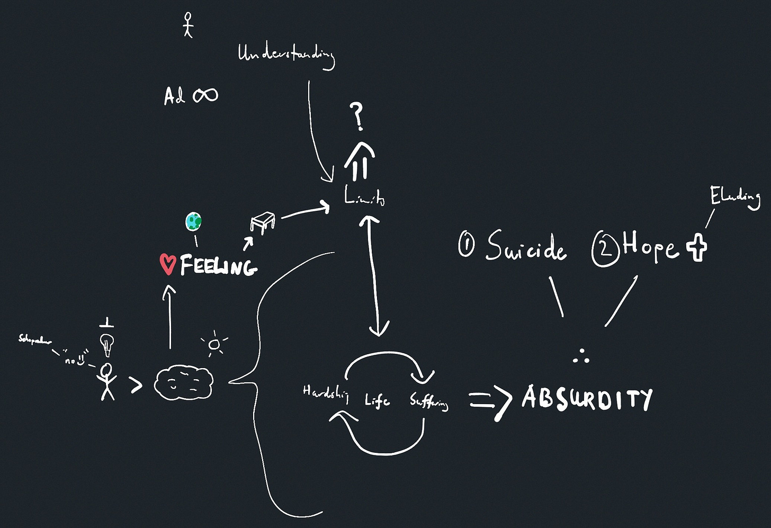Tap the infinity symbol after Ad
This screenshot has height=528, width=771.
click(205, 95)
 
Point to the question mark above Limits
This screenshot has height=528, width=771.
click(358, 117)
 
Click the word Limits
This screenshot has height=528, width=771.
click(364, 198)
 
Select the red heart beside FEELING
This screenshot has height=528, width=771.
click(168, 264)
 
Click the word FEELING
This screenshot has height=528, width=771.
click(218, 265)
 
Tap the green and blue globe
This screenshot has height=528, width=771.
click(194, 221)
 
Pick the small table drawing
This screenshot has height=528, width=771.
click(263, 221)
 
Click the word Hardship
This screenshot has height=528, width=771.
click(325, 393)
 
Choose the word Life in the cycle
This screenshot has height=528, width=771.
click(377, 400)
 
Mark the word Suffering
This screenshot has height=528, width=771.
click(429, 402)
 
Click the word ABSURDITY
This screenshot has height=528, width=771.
click(587, 398)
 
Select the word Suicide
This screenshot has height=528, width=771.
click(526, 247)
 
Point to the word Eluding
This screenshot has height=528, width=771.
click(735, 198)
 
